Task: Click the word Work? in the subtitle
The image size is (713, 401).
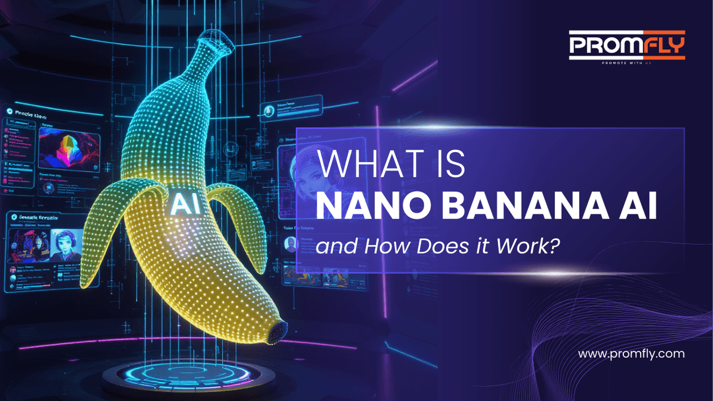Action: click(528, 245)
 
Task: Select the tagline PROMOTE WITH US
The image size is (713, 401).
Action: click(627, 62)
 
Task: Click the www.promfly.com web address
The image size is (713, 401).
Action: click(632, 353)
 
